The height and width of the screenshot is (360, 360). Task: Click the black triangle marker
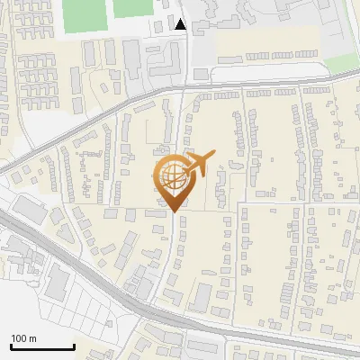pyautogui.click(x=181, y=24)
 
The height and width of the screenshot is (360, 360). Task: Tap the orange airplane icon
pyautogui.click(x=199, y=163)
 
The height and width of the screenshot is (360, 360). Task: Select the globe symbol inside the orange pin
pyautogui.click(x=172, y=178)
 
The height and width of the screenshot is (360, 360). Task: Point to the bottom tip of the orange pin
pyautogui.click(x=173, y=211)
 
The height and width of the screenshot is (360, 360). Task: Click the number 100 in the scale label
pyautogui.click(x=19, y=338)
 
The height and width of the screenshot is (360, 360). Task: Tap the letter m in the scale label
pyautogui.click(x=32, y=338)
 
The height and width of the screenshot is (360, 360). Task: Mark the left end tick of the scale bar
pyautogui.click(x=11, y=346)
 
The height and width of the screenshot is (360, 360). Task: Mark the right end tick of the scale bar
pyautogui.click(x=74, y=346)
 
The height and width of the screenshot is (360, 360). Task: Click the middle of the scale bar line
pyautogui.click(x=42, y=347)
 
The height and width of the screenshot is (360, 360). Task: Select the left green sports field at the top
pyautogui.click(x=83, y=13)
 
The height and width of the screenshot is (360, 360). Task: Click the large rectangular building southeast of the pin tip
pyautogui.click(x=201, y=296)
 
